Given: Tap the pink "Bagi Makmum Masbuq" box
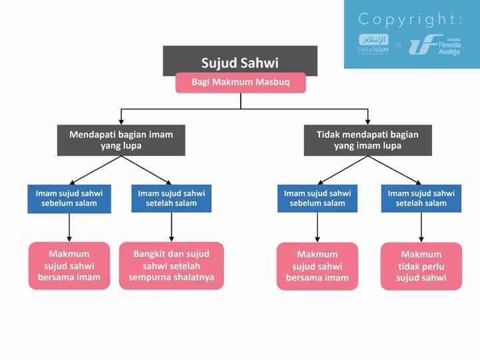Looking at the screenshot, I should point(241,83).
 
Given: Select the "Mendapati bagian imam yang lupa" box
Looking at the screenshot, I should point(121,140).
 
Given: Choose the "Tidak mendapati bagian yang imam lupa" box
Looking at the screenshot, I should point(367,140).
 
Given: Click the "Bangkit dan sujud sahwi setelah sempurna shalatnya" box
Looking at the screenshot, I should point(171,265).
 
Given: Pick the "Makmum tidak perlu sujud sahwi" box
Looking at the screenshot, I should point(421,265).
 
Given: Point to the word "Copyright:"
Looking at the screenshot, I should point(410,19).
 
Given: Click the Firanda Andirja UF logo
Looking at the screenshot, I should point(434,44).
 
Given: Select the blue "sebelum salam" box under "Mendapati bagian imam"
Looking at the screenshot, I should point(69,198).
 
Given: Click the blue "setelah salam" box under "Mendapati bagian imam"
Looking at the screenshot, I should point(171,198).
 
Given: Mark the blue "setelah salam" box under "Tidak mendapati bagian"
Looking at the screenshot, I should point(421,198).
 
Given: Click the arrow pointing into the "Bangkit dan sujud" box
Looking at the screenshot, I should point(171,230).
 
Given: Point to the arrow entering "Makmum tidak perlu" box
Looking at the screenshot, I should point(421,230).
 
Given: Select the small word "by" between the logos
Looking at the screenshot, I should point(399,45).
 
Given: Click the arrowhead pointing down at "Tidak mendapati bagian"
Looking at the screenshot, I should point(367,121).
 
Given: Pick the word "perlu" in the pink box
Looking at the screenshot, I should point(433,266).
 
